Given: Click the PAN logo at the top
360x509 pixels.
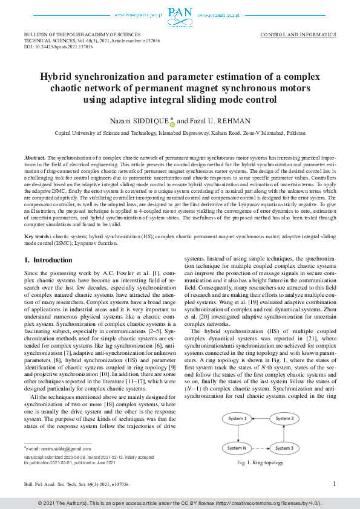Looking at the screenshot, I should [x=180, y=13].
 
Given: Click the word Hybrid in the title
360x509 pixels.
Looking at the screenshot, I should [x=57, y=77].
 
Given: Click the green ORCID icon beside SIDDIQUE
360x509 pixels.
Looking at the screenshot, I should [x=172, y=123].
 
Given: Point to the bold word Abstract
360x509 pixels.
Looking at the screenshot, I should [x=34, y=157].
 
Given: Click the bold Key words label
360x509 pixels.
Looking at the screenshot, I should [x=38, y=236].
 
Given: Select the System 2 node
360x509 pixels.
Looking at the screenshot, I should [x=284, y=418].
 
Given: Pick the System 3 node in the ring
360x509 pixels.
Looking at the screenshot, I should [x=284, y=448].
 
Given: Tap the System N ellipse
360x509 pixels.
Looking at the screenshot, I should [x=237, y=448].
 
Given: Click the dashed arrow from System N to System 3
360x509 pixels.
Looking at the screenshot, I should [x=260, y=448].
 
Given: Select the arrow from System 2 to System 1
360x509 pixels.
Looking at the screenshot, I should [x=260, y=418].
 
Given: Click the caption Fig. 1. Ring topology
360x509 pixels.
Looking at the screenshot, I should [x=260, y=462].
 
